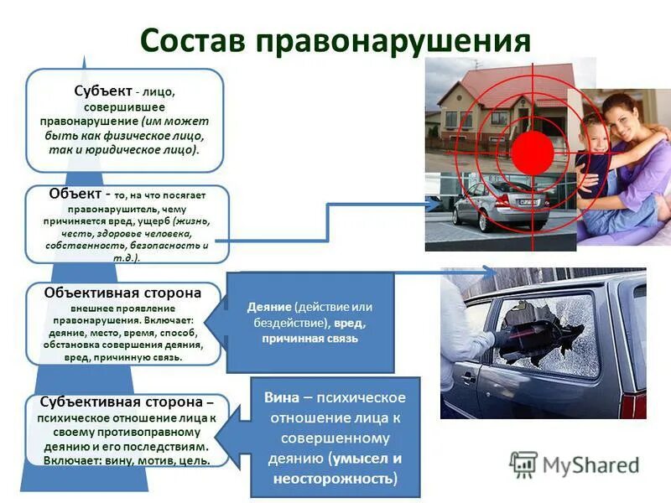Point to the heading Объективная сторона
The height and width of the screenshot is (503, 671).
pyautogui.click(x=124, y=293)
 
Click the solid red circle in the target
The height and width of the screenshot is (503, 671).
pyautogui.click(x=533, y=151)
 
